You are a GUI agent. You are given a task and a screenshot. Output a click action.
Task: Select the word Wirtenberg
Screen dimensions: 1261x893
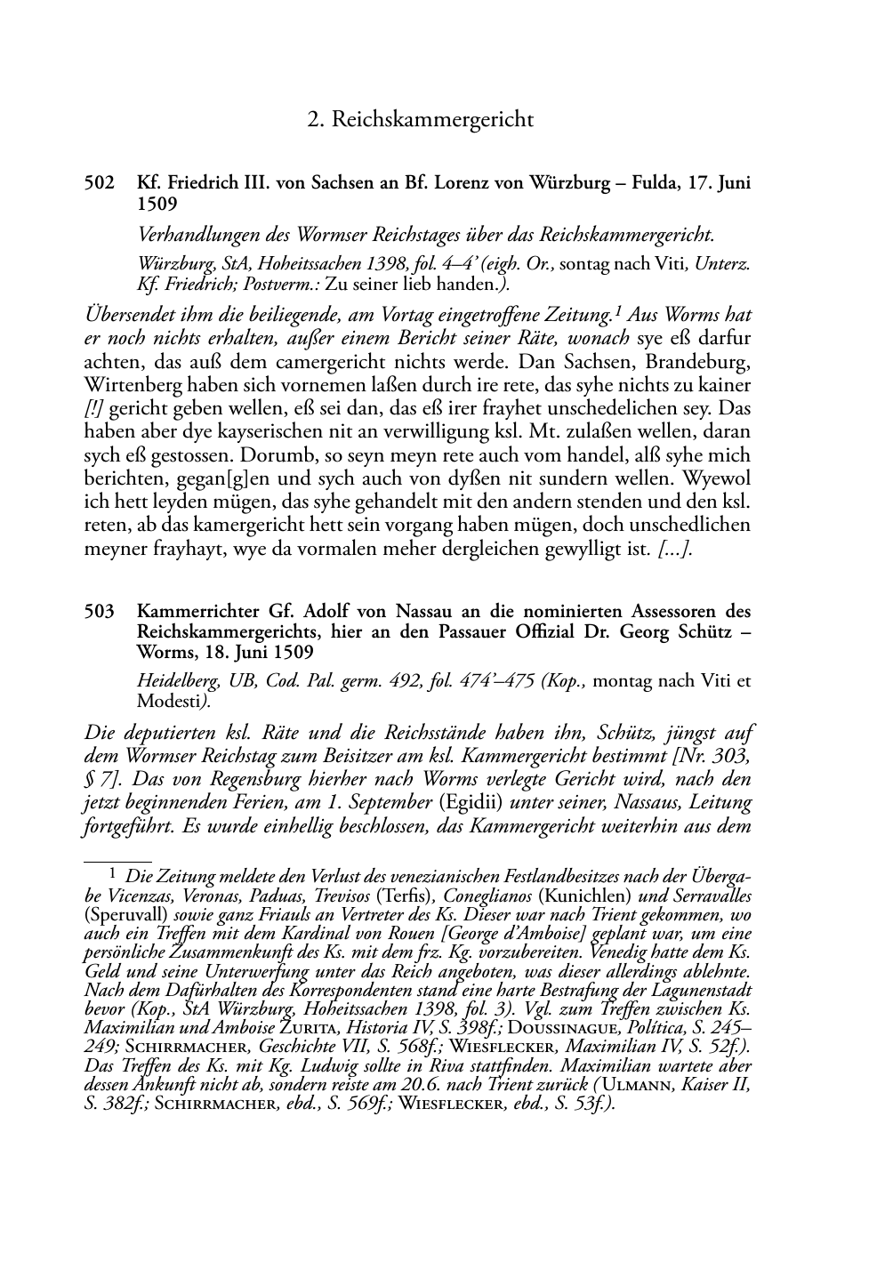point(133,387)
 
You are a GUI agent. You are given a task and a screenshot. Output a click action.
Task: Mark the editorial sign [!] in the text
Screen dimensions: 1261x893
point(94,410)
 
